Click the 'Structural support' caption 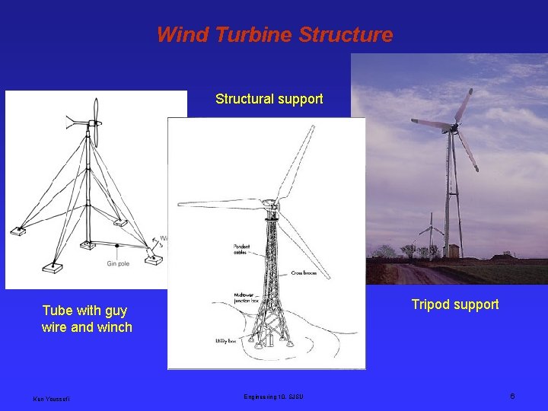[x=269, y=99]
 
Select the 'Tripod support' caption [x=455, y=304]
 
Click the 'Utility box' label [x=227, y=342]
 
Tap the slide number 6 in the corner [x=512, y=397]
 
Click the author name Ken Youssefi [x=51, y=398]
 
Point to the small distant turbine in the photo [x=431, y=228]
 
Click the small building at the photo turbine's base [x=454, y=250]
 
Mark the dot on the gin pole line [x=116, y=246]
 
